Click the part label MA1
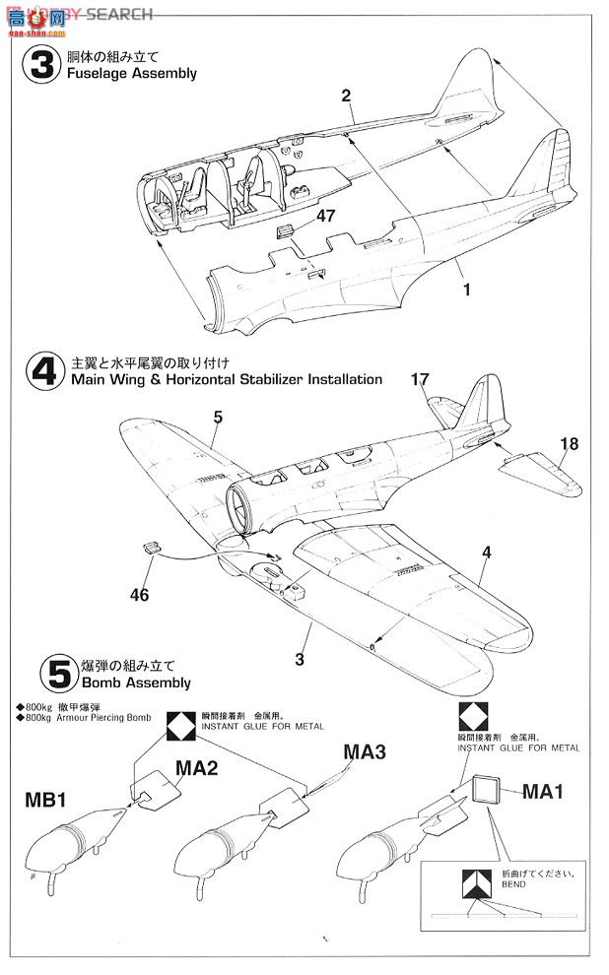tap(542, 791)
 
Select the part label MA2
tap(197, 766)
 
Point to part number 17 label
tap(422, 377)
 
